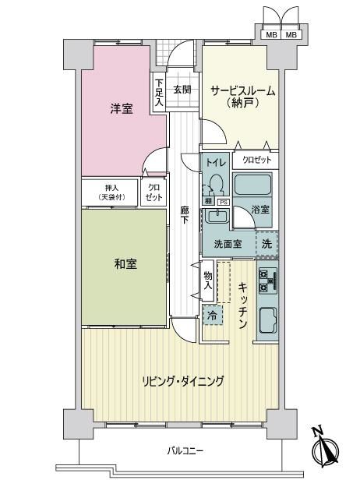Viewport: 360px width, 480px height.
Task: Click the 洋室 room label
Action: (x=122, y=108)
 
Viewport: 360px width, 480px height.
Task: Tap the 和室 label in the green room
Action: (x=125, y=264)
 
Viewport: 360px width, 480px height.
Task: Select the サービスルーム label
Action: (x=243, y=91)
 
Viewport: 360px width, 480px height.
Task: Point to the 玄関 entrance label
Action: (x=182, y=90)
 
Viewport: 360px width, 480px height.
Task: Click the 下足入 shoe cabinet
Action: (x=159, y=93)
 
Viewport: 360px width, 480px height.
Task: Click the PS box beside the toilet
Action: (x=223, y=202)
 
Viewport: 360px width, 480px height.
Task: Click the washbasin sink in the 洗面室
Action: (x=217, y=216)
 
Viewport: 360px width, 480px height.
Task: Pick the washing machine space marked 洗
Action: (x=267, y=244)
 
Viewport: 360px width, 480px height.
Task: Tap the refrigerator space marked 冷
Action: (x=212, y=315)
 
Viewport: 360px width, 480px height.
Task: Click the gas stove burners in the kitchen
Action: (x=268, y=281)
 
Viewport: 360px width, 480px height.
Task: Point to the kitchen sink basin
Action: (x=268, y=320)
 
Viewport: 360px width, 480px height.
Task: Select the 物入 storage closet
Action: (x=208, y=281)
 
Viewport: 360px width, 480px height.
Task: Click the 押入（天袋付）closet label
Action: (x=111, y=192)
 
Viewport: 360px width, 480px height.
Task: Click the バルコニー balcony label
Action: (x=185, y=451)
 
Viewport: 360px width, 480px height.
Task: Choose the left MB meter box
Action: (x=271, y=34)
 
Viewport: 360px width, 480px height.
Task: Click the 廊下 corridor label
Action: (x=184, y=215)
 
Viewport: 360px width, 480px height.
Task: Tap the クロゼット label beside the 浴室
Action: (x=256, y=160)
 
